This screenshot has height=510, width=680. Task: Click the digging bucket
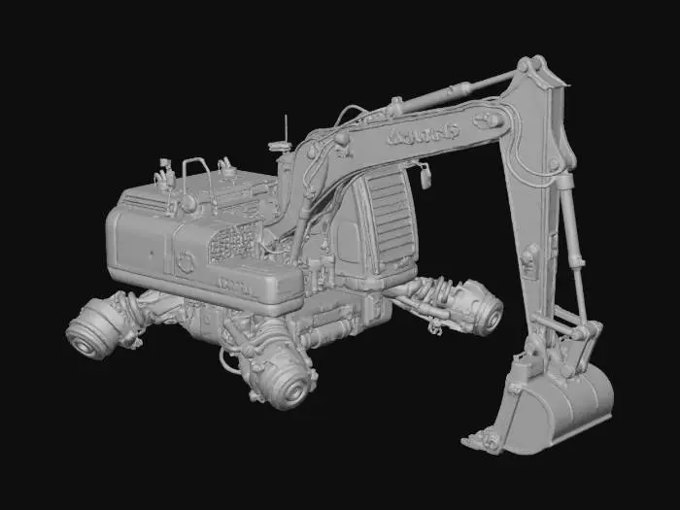pos(563,408)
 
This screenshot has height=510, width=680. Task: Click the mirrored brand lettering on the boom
pos(424,133)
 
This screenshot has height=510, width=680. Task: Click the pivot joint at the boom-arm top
pos(530,68)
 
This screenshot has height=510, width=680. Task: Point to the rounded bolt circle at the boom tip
pos(488,121)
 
